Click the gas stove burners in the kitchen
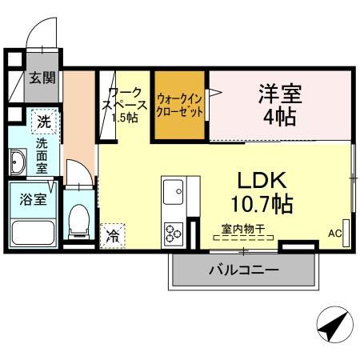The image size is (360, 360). [x=174, y=233]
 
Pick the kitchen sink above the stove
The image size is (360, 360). [x=174, y=192]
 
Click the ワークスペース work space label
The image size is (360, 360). [x=123, y=105]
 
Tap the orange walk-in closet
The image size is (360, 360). [x=181, y=103]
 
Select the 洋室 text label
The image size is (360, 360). [x=279, y=92]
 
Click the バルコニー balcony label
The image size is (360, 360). [x=243, y=270]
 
